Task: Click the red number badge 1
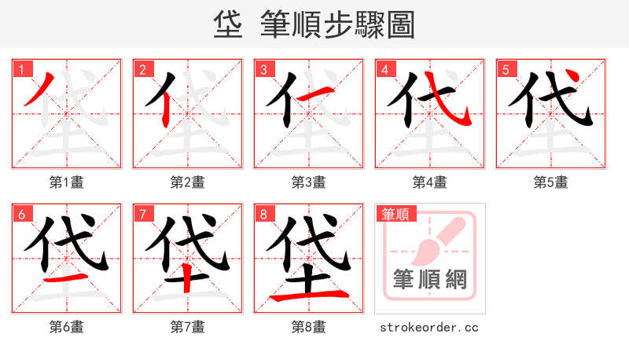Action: pos(20,69)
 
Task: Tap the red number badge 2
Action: pos(142,69)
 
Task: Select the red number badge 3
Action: pos(263,69)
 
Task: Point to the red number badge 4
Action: pos(384,69)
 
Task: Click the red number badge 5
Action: pos(505,69)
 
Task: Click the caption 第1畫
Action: pos(67,182)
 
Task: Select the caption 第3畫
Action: pos(309,182)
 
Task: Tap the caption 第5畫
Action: pos(551,182)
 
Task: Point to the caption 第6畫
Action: pos(67,327)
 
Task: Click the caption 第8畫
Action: pos(309,327)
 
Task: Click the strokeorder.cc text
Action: pos(429,327)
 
